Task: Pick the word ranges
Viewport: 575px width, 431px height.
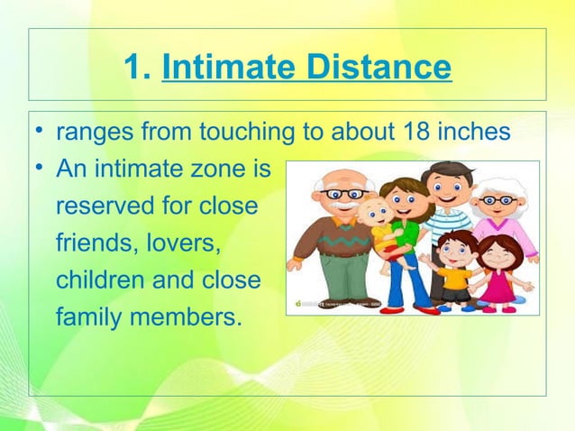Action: (x=95, y=134)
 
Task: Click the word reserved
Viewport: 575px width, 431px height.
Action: (x=104, y=206)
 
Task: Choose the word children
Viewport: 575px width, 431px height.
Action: (x=97, y=280)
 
